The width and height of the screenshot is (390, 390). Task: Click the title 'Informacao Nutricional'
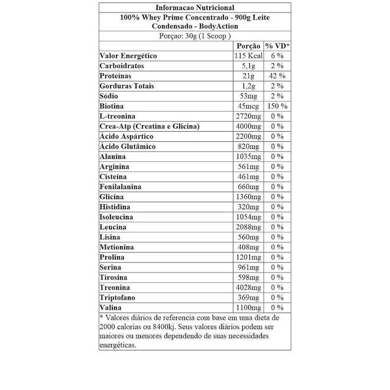click(x=194, y=8)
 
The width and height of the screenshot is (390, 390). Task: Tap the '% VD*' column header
click(x=277, y=45)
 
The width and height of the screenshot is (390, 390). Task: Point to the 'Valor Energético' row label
click(x=128, y=56)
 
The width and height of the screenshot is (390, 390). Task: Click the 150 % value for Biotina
click(x=277, y=106)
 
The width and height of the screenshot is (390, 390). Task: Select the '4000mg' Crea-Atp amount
click(x=248, y=126)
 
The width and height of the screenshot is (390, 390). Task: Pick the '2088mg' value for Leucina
click(x=248, y=227)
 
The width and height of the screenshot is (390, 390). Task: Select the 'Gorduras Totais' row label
click(x=127, y=86)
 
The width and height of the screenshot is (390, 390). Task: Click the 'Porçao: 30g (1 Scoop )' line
click(x=194, y=35)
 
